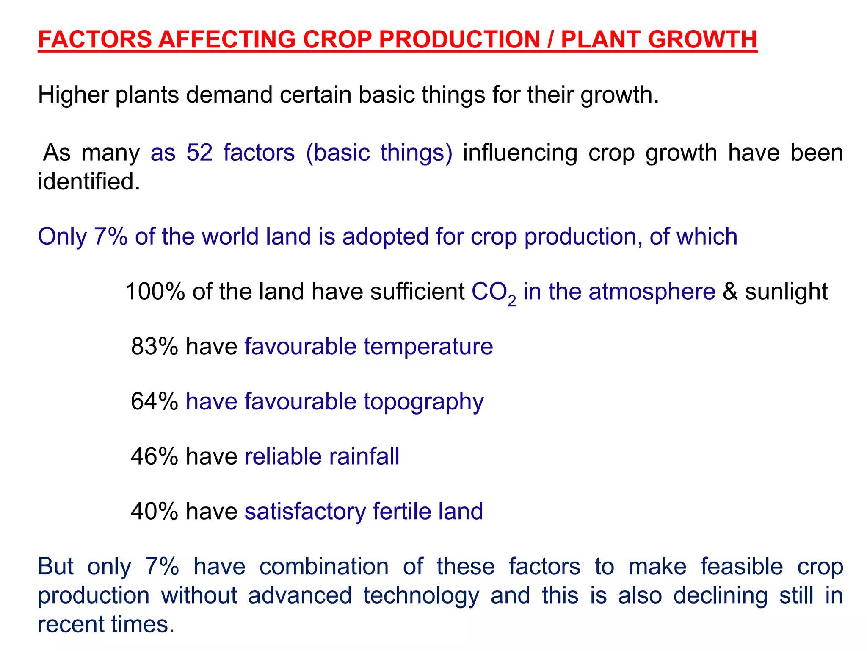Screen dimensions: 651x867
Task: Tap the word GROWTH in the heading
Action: point(702,39)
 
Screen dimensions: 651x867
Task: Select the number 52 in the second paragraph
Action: point(199,153)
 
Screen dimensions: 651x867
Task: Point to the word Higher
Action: point(73,95)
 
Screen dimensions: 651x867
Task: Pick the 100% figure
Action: point(155,292)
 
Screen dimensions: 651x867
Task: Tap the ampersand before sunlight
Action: point(730,292)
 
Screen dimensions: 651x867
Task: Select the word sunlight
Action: point(786,292)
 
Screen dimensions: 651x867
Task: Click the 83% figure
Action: point(155,346)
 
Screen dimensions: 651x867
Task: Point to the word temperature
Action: point(428,347)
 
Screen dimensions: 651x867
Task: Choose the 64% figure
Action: point(155,401)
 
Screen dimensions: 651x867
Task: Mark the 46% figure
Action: point(155,456)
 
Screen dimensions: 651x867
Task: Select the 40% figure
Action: point(155,511)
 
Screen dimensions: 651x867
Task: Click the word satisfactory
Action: point(305,512)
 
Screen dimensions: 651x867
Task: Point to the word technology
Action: point(421,595)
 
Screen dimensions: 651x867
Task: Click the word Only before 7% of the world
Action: point(62,236)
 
